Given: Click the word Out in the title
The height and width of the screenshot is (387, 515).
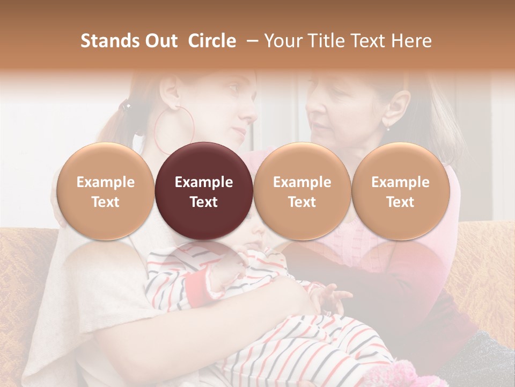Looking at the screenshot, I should [x=159, y=41].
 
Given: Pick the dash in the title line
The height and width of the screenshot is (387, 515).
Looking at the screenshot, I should [x=253, y=41].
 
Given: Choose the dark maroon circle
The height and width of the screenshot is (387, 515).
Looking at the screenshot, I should [x=204, y=191].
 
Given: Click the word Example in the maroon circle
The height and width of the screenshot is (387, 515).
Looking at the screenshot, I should [x=204, y=182].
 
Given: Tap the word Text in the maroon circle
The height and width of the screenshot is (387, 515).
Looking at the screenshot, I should [x=204, y=202].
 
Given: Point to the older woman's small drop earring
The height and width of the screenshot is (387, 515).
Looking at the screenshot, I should [x=388, y=127].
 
